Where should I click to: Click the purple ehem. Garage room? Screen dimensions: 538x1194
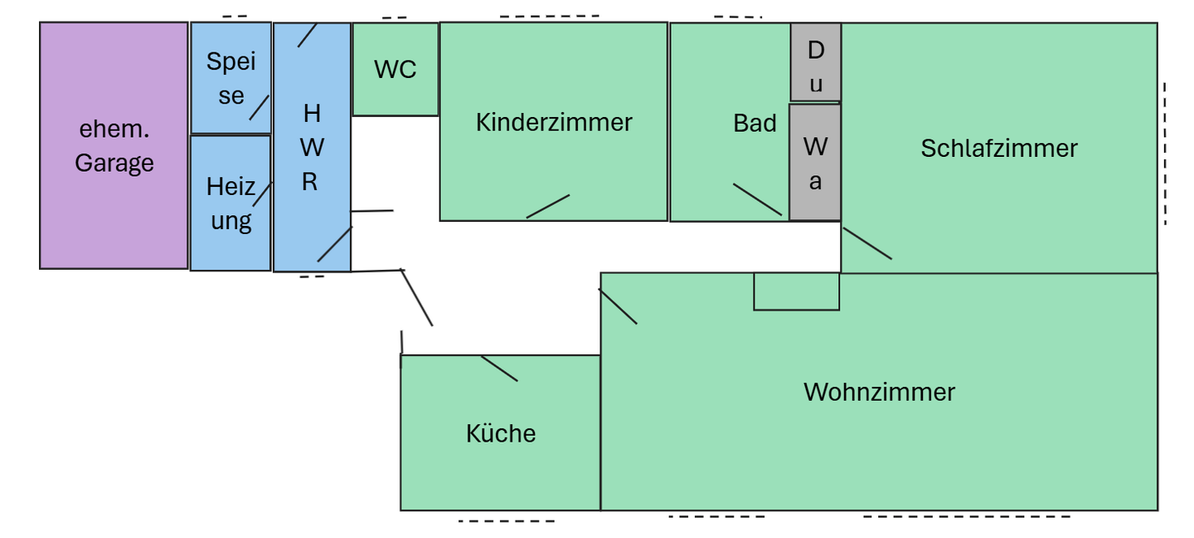pyautogui.click(x=114, y=145)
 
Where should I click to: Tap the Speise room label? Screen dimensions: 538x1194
pyautogui.click(x=231, y=78)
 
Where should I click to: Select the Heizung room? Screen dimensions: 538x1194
pyautogui.click(x=231, y=203)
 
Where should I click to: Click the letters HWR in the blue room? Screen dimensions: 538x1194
pyautogui.click(x=311, y=147)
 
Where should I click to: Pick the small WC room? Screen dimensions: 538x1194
pyautogui.click(x=395, y=70)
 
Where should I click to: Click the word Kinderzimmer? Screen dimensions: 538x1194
pyautogui.click(x=553, y=122)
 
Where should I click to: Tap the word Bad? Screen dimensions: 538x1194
pyautogui.click(x=755, y=124)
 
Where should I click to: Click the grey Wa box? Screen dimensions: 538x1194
pyautogui.click(x=815, y=163)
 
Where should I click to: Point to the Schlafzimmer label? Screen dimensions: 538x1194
pyautogui.click(x=998, y=149)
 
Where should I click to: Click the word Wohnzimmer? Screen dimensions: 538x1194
pyautogui.click(x=879, y=392)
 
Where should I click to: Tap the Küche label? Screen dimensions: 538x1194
pyautogui.click(x=500, y=433)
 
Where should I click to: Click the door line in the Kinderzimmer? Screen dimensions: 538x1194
pyautogui.click(x=548, y=207)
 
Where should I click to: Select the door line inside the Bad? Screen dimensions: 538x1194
pyautogui.click(x=757, y=199)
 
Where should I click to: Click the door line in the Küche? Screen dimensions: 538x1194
pyautogui.click(x=499, y=368)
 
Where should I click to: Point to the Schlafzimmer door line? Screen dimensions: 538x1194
pyautogui.click(x=867, y=243)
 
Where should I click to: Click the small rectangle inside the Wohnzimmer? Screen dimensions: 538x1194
pyautogui.click(x=796, y=291)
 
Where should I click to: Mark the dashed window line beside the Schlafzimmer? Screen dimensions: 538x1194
pyautogui.click(x=1164, y=154)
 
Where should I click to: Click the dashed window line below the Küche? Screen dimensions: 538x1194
pyautogui.click(x=507, y=521)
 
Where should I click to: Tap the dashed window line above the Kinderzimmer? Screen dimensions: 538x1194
pyautogui.click(x=549, y=16)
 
